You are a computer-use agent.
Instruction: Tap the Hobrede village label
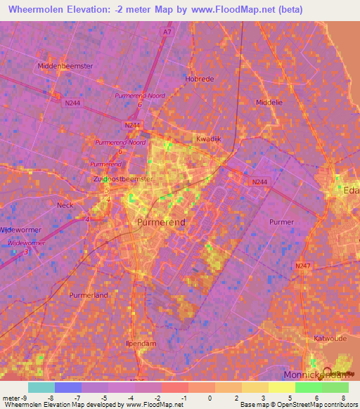199,79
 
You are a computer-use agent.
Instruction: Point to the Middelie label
269,102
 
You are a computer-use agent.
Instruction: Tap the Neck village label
65,205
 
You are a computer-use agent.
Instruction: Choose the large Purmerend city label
160,222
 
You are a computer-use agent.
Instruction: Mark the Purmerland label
89,295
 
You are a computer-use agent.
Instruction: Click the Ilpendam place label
141,344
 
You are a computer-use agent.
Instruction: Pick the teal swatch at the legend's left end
41,387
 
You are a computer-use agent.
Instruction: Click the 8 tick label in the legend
345,398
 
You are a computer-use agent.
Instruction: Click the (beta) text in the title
264,10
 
